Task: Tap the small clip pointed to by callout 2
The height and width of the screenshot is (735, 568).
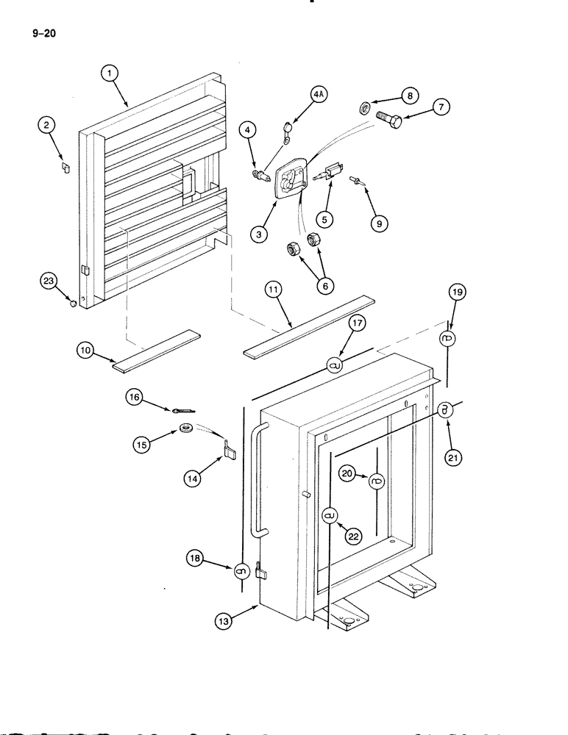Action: tap(65, 167)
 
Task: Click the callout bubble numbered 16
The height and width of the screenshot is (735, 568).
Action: tap(135, 398)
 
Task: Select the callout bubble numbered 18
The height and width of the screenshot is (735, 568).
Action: tap(196, 561)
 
